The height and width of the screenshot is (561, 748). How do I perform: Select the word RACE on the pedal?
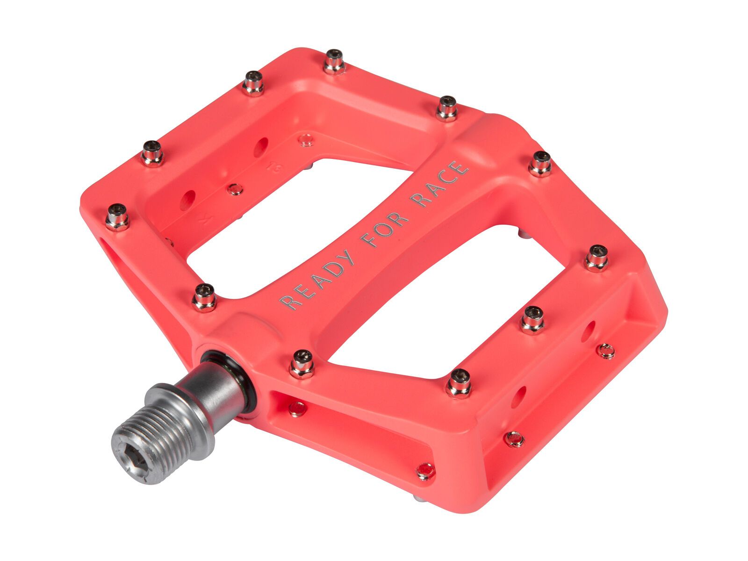tap(440, 183)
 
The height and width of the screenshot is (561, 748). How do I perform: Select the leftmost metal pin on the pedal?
tap(117, 217)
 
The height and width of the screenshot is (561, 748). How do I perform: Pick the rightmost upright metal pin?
tap(597, 258)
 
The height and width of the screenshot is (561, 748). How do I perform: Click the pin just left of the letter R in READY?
tap(204, 297)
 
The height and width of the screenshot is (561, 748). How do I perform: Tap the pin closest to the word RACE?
tap(540, 163)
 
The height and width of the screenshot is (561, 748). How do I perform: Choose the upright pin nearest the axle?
tap(302, 364)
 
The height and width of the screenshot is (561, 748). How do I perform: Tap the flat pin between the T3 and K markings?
tap(235, 189)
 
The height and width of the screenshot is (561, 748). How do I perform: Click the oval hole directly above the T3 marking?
tap(260, 146)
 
